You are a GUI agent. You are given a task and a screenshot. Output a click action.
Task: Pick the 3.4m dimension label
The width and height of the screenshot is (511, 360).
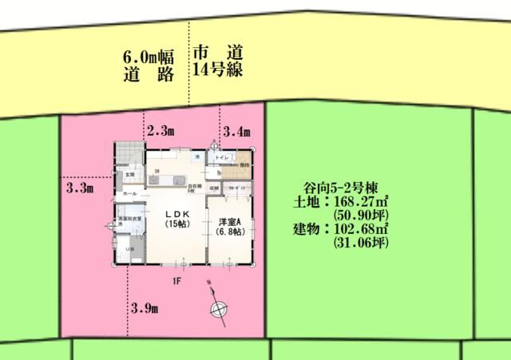(237, 132)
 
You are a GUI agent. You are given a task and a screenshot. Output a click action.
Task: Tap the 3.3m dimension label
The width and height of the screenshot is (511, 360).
(80, 189)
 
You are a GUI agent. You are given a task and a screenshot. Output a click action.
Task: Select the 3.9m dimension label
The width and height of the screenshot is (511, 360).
(144, 308)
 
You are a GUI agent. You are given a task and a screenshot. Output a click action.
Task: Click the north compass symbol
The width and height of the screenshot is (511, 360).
(216, 310)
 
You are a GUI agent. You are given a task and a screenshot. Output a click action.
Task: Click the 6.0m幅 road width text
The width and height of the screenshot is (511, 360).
(149, 57)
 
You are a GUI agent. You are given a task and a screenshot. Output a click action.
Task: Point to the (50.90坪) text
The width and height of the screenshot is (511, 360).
(360, 216)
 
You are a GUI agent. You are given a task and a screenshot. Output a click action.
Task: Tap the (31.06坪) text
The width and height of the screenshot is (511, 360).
(360, 243)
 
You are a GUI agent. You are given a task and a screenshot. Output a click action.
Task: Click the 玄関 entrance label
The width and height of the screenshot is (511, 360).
(129, 174)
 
